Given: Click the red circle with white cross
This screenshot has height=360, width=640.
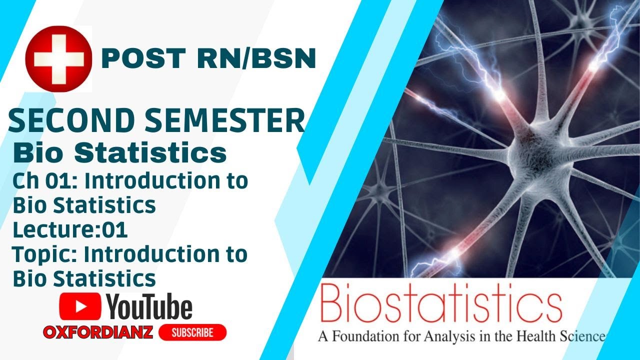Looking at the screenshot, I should [x=59, y=58].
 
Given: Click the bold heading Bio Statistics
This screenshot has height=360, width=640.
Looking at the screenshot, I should [x=119, y=153].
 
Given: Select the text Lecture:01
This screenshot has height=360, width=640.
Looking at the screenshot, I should [x=70, y=230].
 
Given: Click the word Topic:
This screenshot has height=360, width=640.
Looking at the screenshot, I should [x=45, y=254].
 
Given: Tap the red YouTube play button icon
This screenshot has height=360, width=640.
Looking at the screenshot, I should [x=80, y=306].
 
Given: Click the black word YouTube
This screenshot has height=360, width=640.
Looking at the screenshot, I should [x=149, y=306].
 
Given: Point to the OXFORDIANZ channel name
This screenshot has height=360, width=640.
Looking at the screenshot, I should [x=98, y=332].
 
